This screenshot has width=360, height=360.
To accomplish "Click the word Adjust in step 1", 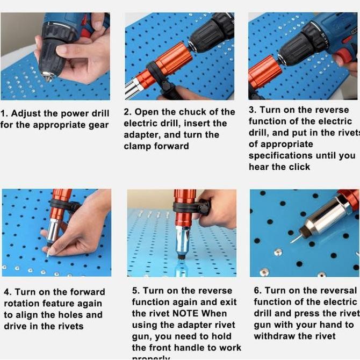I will [26, 113].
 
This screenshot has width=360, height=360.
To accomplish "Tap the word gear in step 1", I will [97, 125].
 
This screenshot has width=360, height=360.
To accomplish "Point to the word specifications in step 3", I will [280, 155].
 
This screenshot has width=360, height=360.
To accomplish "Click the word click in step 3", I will [299, 167].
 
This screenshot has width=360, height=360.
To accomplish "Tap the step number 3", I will [251, 110].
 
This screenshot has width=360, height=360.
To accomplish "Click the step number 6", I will [257, 291].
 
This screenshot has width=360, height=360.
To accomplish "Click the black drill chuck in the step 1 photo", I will [52, 56].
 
